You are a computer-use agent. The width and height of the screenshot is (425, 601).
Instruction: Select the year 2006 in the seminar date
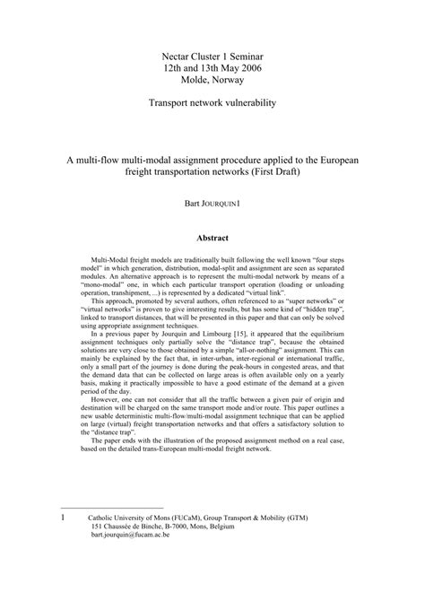[247, 67]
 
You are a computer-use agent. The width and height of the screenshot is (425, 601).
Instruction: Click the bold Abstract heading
[212, 238]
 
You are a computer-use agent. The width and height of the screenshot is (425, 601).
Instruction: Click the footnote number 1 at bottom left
[60, 543]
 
